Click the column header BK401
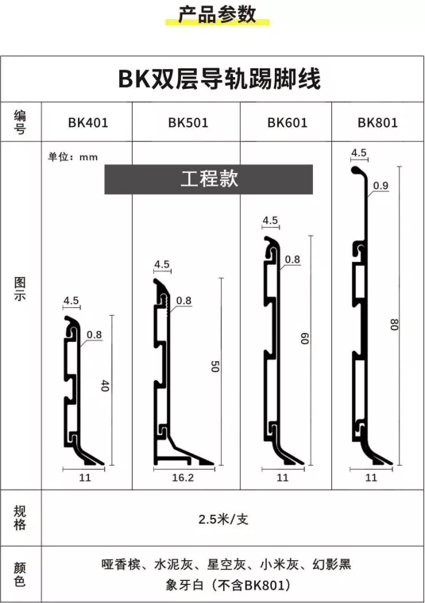[88, 123]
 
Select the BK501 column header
[188, 123]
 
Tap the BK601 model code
[288, 123]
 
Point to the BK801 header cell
[377, 123]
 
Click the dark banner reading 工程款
[209, 179]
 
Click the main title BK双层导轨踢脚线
[219, 79]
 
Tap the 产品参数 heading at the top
[217, 14]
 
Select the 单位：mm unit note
[73, 157]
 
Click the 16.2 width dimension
[183, 478]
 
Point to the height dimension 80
[394, 325]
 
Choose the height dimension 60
[304, 339]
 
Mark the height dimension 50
[214, 366]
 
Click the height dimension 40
[105, 386]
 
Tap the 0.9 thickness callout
[381, 186]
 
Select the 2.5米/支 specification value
[223, 520]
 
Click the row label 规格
[20, 517]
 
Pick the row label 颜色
[20, 574]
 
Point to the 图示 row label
[20, 289]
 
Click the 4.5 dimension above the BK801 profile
[359, 152]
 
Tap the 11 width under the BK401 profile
[85, 478]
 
